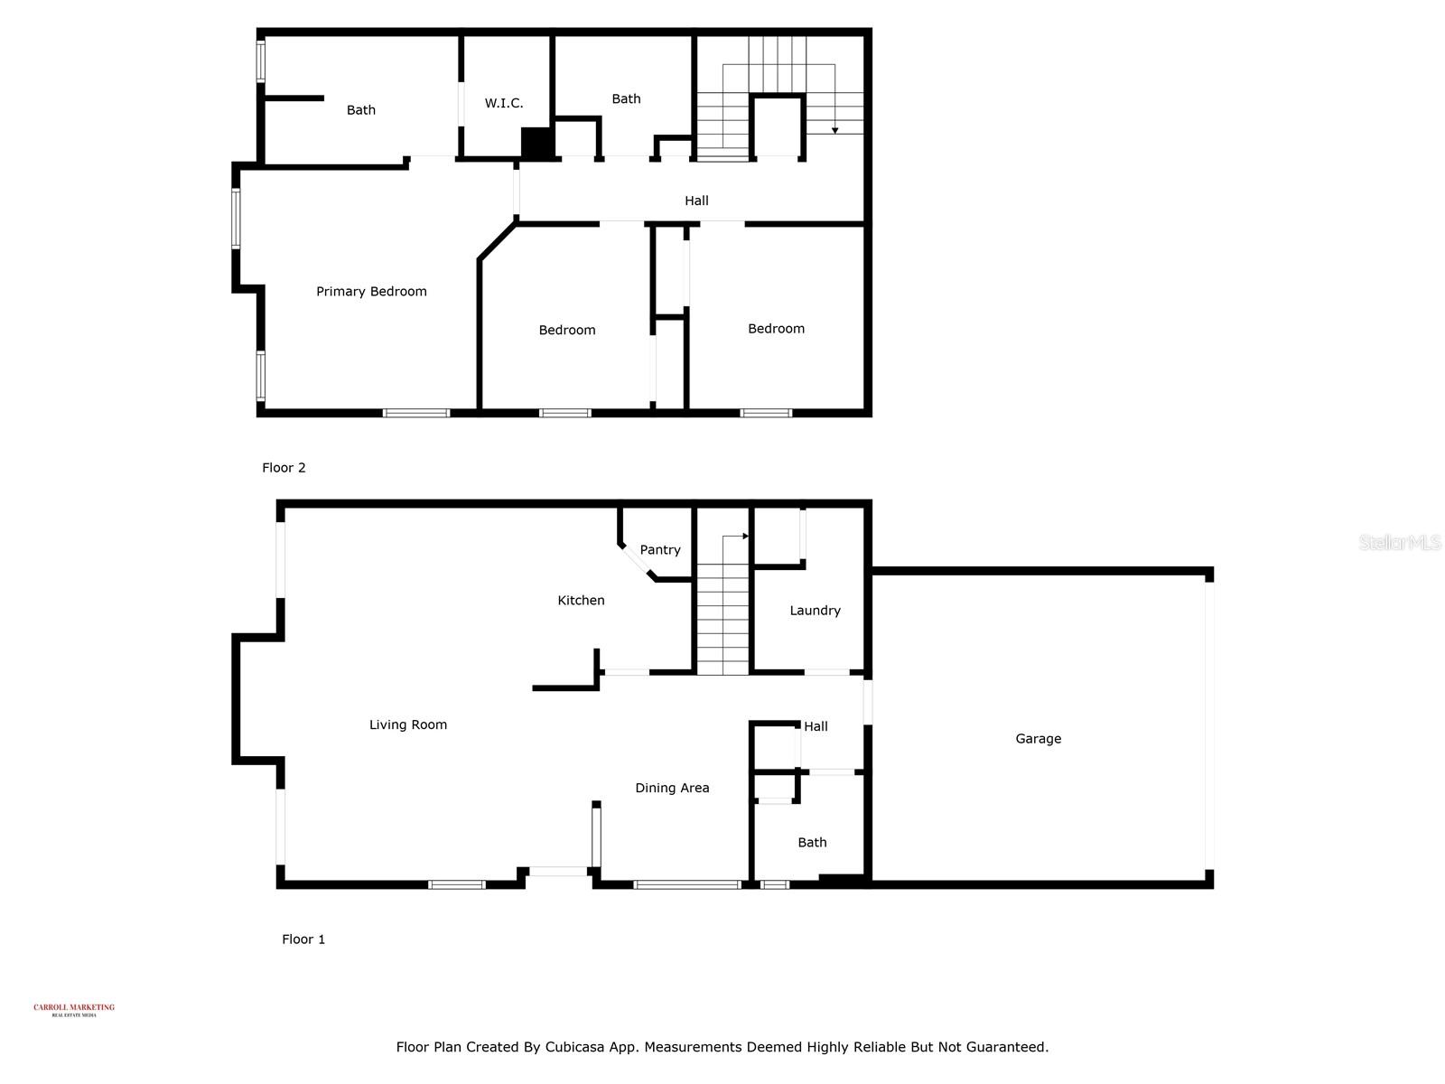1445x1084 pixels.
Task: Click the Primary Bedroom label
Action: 371,291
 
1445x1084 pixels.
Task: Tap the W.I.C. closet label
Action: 503,103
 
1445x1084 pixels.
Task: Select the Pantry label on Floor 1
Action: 660,549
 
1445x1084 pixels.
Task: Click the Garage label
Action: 1038,738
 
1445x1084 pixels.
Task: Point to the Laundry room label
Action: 815,610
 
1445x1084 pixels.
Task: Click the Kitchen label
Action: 581,600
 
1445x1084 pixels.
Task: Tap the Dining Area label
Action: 672,788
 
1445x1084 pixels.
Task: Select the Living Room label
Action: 408,724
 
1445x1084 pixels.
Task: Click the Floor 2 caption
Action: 284,467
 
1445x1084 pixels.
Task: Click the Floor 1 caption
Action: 303,939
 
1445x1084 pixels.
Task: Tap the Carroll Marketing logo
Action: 74,1009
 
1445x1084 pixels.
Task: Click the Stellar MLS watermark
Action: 1400,542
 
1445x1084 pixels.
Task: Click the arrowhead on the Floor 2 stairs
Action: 835,130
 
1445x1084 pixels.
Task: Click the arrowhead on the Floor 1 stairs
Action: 746,537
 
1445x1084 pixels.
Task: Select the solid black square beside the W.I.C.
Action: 537,144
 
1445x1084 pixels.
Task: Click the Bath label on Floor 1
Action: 812,842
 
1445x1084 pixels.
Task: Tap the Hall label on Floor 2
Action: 696,201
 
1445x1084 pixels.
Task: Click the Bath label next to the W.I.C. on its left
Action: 361,109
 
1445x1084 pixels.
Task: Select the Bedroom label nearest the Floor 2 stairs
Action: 776,328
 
